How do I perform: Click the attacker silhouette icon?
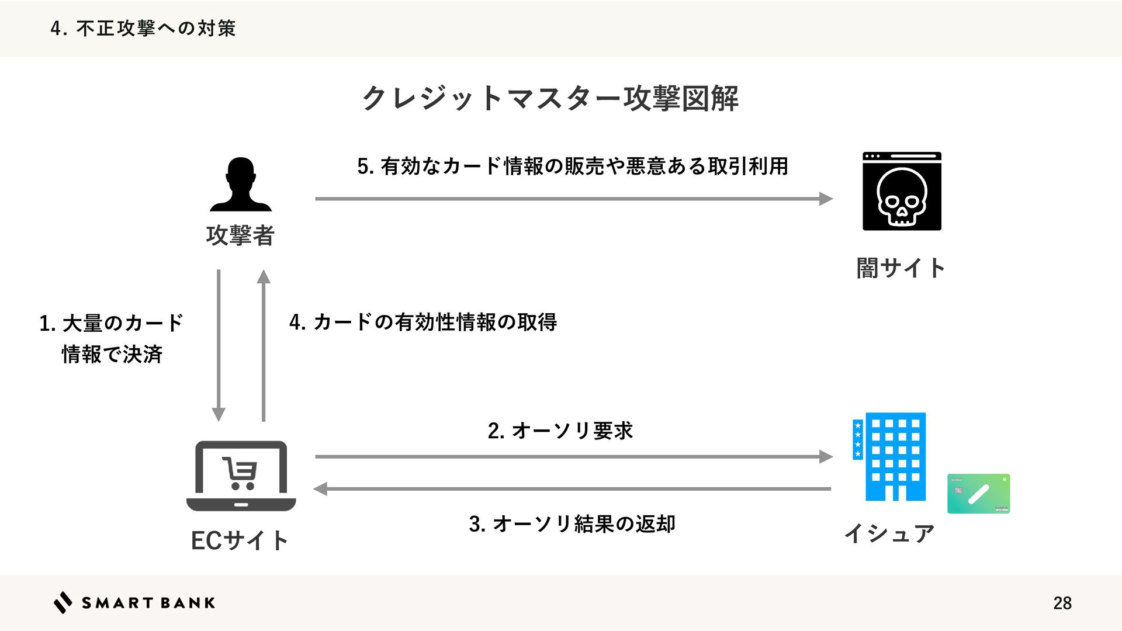tap(240, 185)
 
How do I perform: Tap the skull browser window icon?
tap(902, 191)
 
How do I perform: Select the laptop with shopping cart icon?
tap(241, 476)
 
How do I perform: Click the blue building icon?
tap(889, 456)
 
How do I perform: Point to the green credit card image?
tap(978, 494)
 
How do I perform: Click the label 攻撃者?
tap(240, 235)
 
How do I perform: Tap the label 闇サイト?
tap(901, 268)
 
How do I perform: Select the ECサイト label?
tap(240, 540)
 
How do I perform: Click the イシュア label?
tap(889, 533)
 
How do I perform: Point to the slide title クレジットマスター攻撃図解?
tap(550, 98)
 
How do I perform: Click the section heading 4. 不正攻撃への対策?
tap(143, 28)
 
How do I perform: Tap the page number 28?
tap(1062, 603)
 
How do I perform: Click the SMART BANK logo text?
tap(148, 603)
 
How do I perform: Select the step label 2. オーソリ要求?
tap(560, 431)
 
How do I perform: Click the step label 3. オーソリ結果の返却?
tap(572, 523)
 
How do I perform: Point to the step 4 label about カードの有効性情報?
tap(423, 322)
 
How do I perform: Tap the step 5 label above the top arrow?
tap(573, 167)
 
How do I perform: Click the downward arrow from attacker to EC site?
tap(219, 345)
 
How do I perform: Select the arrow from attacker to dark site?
tap(573, 199)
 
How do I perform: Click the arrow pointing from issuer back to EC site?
tap(573, 489)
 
